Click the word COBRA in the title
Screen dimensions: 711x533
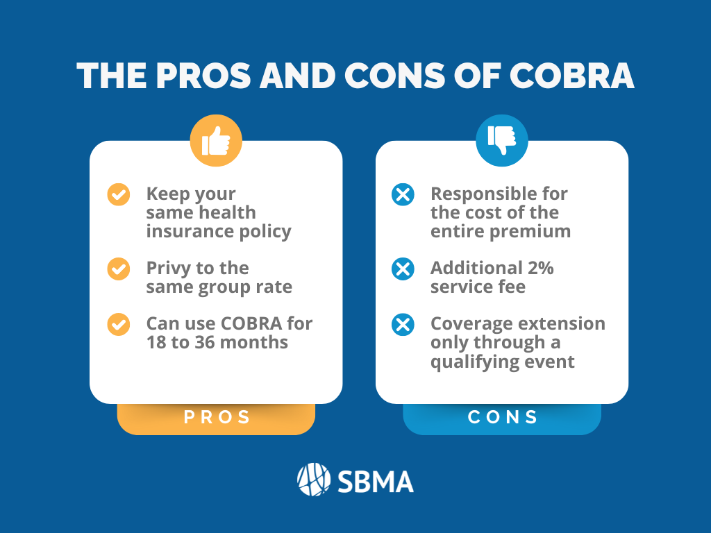[571, 75]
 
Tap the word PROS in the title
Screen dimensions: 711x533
[203, 75]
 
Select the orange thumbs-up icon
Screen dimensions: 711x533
[216, 140]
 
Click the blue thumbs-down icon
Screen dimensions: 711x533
[501, 140]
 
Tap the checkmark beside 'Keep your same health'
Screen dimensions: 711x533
[118, 195]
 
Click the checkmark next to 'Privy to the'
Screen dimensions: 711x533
[118, 269]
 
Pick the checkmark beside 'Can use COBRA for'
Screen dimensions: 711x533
[118, 325]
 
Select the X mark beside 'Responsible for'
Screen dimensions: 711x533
[403, 195]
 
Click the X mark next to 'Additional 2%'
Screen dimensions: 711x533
[403, 269]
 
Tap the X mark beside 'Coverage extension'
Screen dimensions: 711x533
[403, 325]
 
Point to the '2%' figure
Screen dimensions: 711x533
[540, 268]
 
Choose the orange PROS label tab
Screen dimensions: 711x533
[216, 418]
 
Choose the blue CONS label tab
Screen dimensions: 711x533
[502, 418]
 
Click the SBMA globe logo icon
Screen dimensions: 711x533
[314, 480]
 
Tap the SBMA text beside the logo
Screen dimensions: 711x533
[376, 482]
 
